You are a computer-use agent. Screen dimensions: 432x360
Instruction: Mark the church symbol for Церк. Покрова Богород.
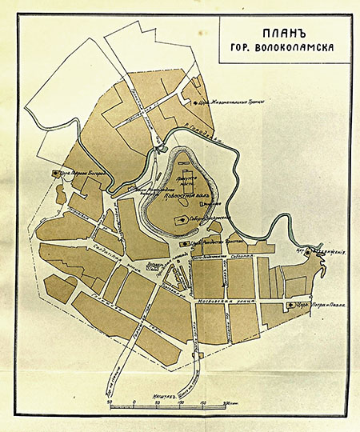(55, 172)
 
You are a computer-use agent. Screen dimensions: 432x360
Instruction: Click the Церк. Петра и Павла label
(314, 306)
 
